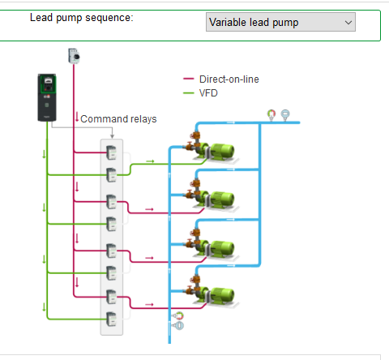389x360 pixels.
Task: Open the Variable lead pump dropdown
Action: (280, 22)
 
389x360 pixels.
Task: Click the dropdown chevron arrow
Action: (348, 23)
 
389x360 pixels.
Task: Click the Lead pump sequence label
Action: (82, 18)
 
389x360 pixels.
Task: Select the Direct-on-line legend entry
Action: (221, 79)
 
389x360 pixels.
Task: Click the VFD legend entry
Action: (200, 93)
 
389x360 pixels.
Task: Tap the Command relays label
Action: (118, 119)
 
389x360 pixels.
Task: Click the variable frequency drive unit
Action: (47, 97)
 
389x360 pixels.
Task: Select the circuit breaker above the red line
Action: (74, 56)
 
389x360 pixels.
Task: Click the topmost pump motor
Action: (222, 151)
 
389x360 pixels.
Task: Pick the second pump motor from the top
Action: (222, 199)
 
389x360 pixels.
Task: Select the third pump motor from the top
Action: (222, 248)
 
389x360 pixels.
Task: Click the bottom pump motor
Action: (222, 295)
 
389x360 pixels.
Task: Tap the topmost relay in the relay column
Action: (111, 152)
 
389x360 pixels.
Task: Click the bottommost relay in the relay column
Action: (111, 319)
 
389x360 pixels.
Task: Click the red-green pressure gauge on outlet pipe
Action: (271, 115)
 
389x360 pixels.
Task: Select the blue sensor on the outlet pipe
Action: (285, 115)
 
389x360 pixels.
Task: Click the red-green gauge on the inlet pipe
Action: (178, 315)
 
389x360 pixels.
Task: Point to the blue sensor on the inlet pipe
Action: (178, 325)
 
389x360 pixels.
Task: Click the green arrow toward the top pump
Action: (150, 161)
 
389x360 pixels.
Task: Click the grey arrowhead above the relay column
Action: (112, 136)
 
